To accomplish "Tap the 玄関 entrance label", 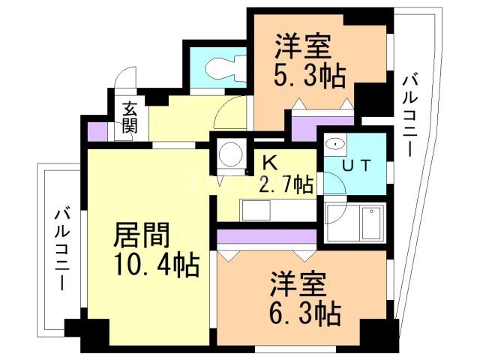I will [x=130, y=118].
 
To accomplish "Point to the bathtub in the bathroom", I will [x=371, y=221].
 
